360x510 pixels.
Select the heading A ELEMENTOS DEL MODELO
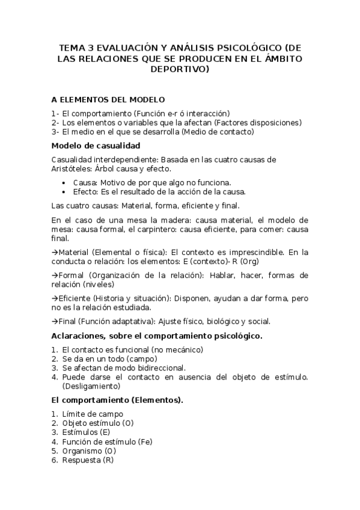108,99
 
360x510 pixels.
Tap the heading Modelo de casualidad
96,146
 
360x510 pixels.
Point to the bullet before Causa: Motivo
65,182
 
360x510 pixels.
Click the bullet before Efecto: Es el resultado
65,192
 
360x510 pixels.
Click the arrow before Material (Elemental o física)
54,251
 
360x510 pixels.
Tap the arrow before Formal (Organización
54,275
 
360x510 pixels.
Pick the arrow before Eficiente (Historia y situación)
54,298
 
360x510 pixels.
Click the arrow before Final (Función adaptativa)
54,321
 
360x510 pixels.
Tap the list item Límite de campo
93,414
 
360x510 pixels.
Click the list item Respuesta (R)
88,460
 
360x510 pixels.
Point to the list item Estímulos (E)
86,432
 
